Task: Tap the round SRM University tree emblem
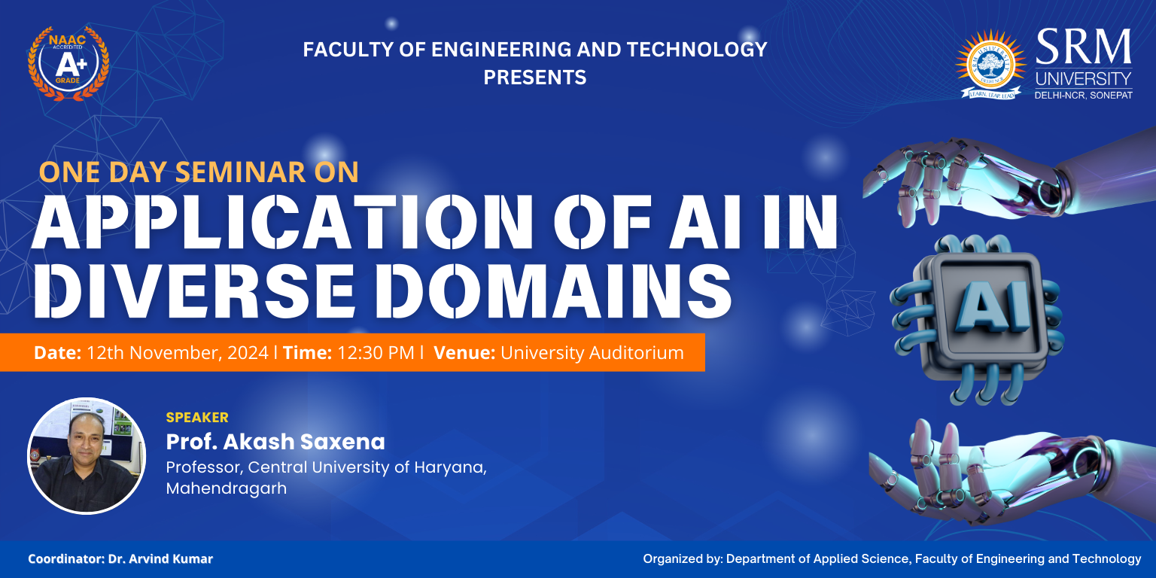990,65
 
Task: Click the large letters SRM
1083,47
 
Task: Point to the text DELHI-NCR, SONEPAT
1083,96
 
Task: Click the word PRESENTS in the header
534,78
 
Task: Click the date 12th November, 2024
177,353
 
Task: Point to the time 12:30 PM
376,353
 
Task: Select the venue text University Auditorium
592,353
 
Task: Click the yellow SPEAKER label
197,418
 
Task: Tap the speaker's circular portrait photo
87,455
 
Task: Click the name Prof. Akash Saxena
275,442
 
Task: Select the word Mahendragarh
226,488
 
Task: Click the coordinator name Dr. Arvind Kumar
160,559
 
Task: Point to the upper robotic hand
1009,181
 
